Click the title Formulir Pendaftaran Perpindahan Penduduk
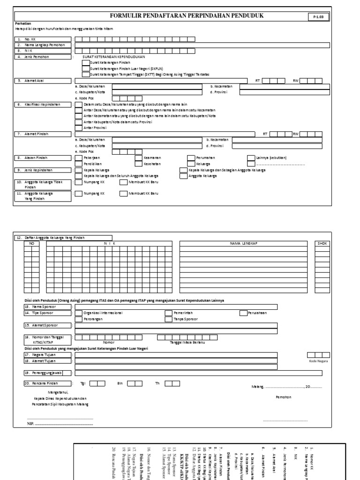coord(187,16)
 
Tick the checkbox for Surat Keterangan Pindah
coord(85,62)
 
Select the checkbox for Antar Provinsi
coord(78,127)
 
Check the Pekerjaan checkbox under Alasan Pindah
coord(78,158)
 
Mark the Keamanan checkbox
coord(138,158)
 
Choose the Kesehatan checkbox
coord(138,165)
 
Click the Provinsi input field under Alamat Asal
coord(281,92)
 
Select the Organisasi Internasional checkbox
coord(78,313)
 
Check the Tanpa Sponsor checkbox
coord(168,319)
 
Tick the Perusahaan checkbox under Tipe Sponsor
coord(243,313)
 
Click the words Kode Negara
coord(318,361)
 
